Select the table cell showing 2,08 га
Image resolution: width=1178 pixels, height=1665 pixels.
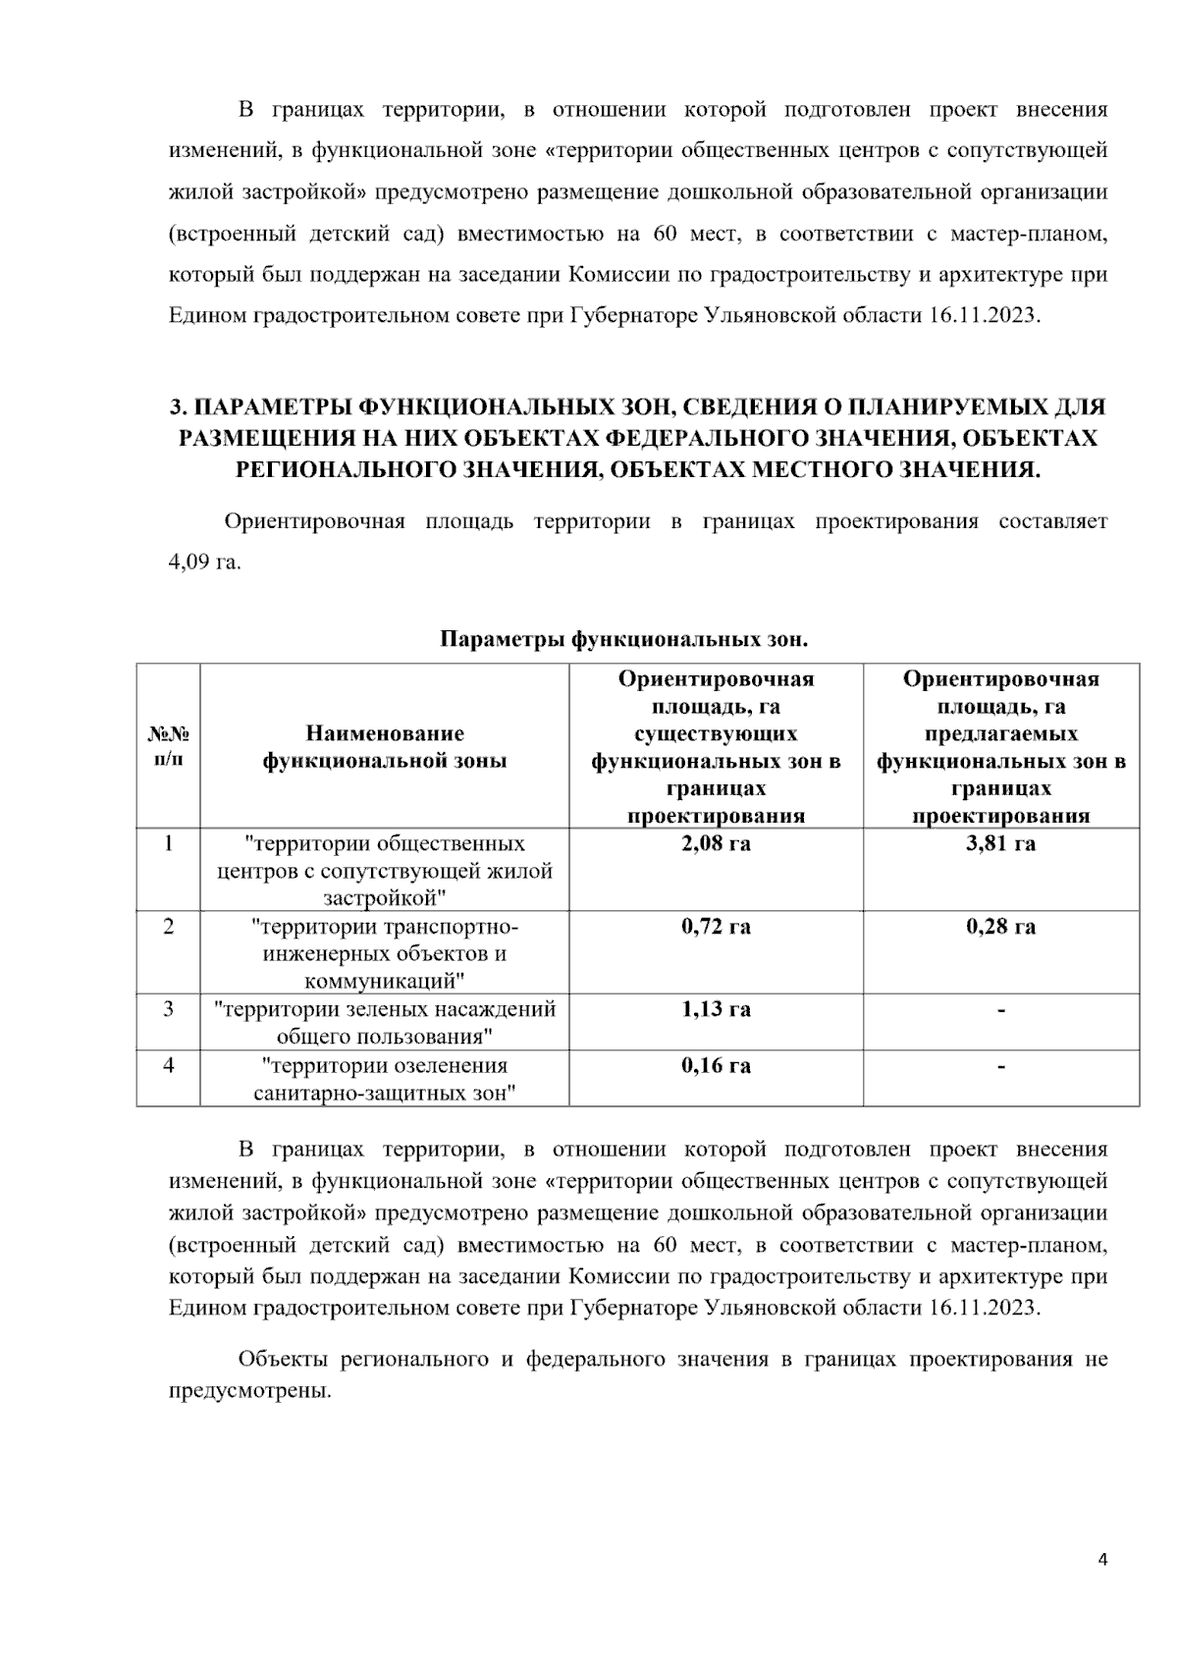(x=716, y=843)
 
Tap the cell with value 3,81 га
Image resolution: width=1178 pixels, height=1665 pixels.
(x=1000, y=843)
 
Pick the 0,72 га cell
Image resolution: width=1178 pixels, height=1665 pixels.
(x=716, y=926)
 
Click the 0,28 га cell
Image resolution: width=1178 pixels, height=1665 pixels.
(x=1000, y=926)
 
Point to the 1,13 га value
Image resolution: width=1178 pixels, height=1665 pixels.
(x=716, y=1008)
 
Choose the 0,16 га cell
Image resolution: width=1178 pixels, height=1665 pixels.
(x=716, y=1065)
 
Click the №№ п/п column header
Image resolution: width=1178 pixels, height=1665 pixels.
(x=168, y=747)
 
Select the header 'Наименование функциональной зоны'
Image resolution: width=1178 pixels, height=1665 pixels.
(x=384, y=747)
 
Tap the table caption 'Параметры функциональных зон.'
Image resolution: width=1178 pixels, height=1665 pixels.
(x=623, y=640)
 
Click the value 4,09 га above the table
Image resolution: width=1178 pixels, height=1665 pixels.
(x=204, y=564)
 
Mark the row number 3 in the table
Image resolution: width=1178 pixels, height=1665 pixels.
(x=168, y=1008)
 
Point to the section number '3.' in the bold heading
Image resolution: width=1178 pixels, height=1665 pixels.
(x=178, y=406)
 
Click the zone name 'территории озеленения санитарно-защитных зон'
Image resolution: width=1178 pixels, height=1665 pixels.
(x=384, y=1079)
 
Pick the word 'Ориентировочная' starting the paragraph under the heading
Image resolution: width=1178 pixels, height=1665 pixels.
(x=314, y=521)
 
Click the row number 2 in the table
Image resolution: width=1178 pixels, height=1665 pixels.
(x=168, y=926)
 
